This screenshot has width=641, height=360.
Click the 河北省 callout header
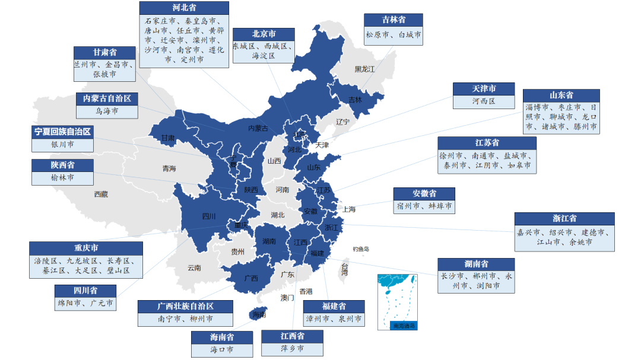click(x=184, y=8)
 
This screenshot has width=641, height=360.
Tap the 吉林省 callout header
click(x=394, y=20)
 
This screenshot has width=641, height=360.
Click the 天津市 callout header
click(x=484, y=88)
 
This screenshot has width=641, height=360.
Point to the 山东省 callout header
click(x=561, y=95)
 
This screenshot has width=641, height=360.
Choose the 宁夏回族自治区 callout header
click(x=63, y=131)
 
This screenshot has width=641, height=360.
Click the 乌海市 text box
click(x=107, y=111)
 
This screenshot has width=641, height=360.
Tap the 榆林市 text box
click(x=63, y=177)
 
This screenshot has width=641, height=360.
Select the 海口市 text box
click(x=221, y=350)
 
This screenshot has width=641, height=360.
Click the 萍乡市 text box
click(x=292, y=349)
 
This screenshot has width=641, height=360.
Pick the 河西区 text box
click(x=484, y=101)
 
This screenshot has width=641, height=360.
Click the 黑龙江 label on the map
click(x=364, y=69)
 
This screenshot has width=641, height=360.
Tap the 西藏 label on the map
click(x=101, y=194)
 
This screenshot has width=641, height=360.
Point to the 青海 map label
click(x=169, y=169)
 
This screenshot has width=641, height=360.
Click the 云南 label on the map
click(x=194, y=267)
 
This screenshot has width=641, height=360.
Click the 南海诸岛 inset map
click(x=396, y=302)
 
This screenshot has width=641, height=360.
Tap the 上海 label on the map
click(x=348, y=209)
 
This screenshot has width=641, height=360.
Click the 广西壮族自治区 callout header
click(x=185, y=307)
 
